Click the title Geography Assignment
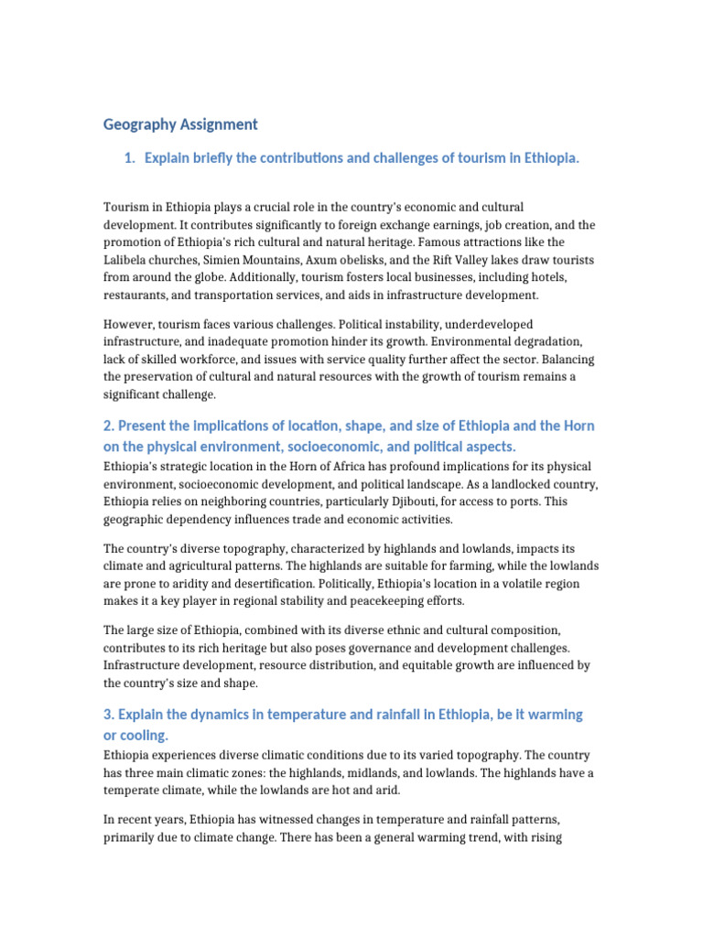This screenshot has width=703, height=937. [x=180, y=124]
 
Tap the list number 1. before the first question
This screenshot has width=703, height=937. [x=129, y=158]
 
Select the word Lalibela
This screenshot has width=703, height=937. [x=129, y=260]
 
